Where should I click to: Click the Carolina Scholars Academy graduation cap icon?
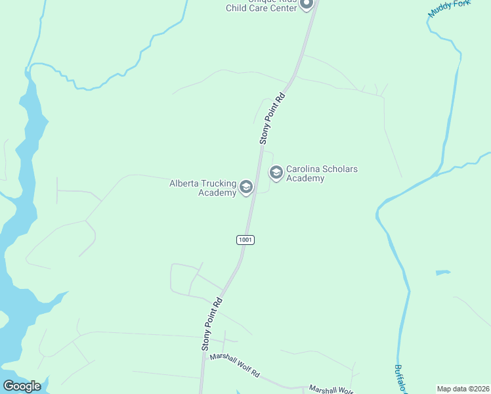coord(276,173)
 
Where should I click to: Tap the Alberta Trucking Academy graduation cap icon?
coord(246,188)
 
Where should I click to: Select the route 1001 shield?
coord(245,240)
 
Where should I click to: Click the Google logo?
coord(22,386)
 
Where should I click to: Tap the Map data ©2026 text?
coord(462,389)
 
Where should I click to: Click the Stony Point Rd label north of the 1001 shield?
coord(272,118)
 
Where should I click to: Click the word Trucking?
coord(217,184)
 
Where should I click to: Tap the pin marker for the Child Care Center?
coord(306,5)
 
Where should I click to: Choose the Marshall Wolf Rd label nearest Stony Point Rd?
coord(234,365)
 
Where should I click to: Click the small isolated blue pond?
coord(442,272)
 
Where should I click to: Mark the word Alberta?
coord(184,184)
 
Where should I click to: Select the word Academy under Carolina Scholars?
coord(305,179)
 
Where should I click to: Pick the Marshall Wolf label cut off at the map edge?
coord(332,389)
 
